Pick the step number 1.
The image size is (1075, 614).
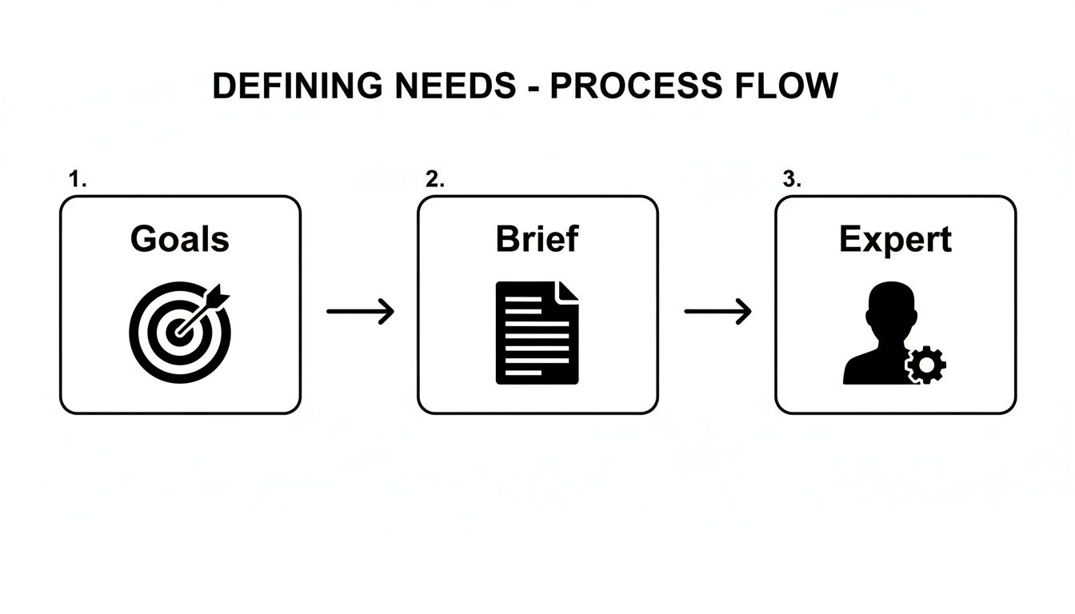pos(77,180)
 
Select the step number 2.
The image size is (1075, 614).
pos(434,180)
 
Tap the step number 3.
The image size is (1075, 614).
pos(791,180)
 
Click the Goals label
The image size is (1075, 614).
pos(180,239)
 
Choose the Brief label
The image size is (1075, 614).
pos(537,239)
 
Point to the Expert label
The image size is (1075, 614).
pos(895,240)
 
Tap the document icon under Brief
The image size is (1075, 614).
pos(537,333)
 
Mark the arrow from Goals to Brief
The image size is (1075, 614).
pos(361,311)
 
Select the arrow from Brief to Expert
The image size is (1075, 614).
pos(717,311)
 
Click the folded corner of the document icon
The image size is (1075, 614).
pos(567,293)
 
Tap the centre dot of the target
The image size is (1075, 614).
pos(177,333)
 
